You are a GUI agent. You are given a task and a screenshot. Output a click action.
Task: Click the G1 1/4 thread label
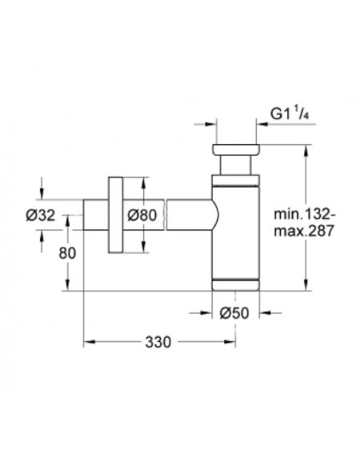(x=290, y=114)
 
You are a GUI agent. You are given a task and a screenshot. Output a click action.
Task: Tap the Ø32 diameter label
(x=40, y=215)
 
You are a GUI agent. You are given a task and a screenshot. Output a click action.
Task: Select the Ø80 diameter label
(x=142, y=215)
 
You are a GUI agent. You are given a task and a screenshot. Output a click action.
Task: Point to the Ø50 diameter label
(x=234, y=313)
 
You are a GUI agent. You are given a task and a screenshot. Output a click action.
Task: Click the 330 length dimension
(x=158, y=342)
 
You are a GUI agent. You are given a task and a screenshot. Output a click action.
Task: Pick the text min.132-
(x=305, y=215)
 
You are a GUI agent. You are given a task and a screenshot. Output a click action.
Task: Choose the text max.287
(x=304, y=231)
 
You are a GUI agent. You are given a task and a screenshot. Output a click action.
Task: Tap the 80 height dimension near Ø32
(x=67, y=253)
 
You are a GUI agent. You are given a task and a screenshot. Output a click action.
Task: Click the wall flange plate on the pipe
(x=115, y=215)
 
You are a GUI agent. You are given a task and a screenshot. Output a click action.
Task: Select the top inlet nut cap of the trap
(x=236, y=150)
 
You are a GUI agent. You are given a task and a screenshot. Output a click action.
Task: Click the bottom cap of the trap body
(x=235, y=286)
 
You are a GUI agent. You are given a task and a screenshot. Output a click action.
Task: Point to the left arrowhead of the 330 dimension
(x=90, y=342)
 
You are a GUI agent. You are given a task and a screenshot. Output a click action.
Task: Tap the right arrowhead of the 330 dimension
(x=230, y=342)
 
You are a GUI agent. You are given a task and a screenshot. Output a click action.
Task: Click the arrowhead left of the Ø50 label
(x=206, y=313)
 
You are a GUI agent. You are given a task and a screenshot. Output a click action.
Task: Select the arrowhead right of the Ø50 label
(x=265, y=313)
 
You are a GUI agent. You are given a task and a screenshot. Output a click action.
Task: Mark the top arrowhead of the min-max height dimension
(x=306, y=151)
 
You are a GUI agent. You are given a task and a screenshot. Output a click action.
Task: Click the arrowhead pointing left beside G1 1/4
(x=262, y=124)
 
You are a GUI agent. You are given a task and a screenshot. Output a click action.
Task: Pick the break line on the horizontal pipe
(x=166, y=215)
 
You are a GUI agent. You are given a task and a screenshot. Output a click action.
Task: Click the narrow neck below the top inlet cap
(x=235, y=165)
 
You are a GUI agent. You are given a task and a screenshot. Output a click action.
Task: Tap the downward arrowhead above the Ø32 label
(x=42, y=194)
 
